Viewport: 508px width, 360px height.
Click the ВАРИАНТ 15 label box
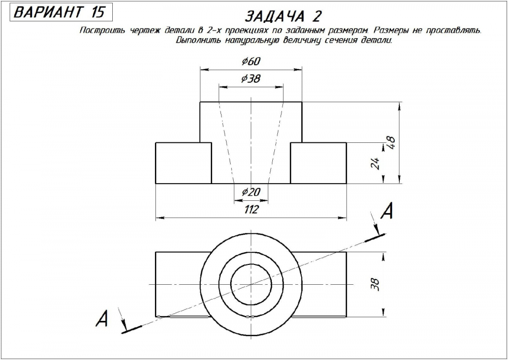point(58,12)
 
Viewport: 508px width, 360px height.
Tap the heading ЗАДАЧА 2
point(283,16)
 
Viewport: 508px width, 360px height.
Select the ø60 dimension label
point(251,62)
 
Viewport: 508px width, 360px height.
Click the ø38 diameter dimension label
point(251,79)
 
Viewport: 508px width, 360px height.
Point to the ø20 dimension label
point(251,192)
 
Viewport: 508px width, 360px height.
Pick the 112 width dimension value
point(251,209)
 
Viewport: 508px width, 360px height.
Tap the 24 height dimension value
point(376,163)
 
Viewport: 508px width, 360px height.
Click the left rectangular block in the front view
point(183,163)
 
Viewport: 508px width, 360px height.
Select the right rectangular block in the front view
point(319,163)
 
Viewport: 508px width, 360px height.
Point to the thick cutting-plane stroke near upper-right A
point(375,236)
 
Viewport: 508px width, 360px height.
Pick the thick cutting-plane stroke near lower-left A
point(132,329)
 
